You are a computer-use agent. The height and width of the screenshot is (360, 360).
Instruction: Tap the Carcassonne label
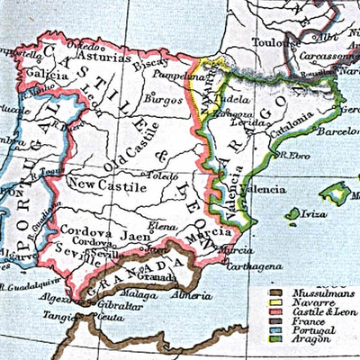click(334, 53)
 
